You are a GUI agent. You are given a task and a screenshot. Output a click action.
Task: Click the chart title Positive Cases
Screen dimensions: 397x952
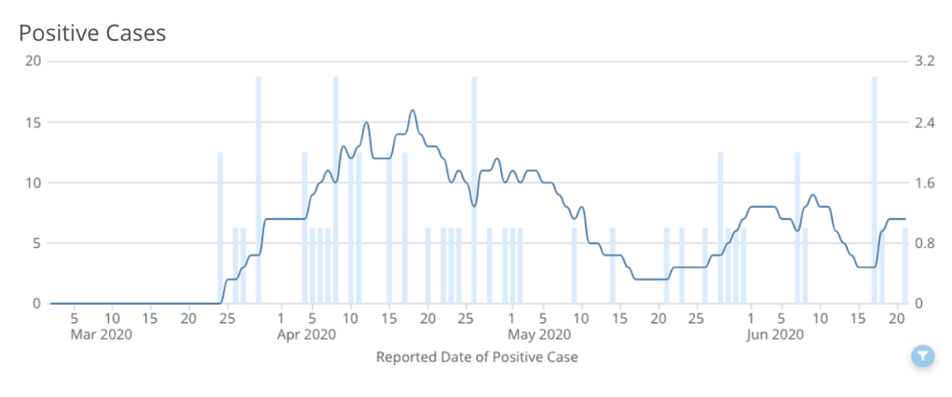point(92,34)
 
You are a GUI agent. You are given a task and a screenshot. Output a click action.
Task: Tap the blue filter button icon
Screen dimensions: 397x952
point(921,355)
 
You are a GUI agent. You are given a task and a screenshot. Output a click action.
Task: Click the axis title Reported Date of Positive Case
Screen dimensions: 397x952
point(477,357)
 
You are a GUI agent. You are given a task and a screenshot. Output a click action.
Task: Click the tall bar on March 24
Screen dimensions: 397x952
point(221,228)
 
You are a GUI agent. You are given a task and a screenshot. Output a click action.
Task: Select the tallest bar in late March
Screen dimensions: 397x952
point(259,190)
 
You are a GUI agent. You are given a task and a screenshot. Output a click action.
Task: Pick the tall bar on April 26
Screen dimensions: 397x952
point(474,190)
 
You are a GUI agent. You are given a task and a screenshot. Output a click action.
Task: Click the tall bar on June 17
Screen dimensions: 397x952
point(875,190)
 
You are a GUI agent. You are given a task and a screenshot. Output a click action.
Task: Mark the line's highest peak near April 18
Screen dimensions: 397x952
point(412,111)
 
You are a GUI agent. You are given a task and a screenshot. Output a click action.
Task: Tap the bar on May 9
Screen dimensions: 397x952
point(574,266)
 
